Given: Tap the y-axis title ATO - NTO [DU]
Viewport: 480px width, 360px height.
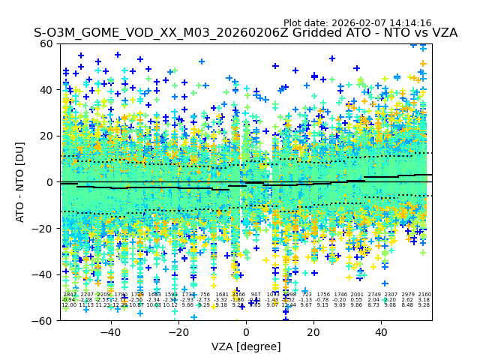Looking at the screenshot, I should [20, 181].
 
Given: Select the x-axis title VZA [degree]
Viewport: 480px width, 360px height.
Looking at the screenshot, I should [246, 346].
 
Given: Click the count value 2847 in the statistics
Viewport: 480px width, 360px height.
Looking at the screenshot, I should [70, 295].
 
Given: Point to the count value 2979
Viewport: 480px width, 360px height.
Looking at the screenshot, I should [408, 295].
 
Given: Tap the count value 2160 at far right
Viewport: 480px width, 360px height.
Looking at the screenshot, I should [424, 295].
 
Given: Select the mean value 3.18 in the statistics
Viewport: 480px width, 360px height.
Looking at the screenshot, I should [424, 300].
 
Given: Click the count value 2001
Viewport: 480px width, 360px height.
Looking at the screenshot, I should [357, 295].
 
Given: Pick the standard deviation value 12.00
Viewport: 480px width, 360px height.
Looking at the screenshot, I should [69, 305].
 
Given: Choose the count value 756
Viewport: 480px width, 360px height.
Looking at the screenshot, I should [205, 295].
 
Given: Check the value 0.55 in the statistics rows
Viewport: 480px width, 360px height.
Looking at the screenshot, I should [357, 300].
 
